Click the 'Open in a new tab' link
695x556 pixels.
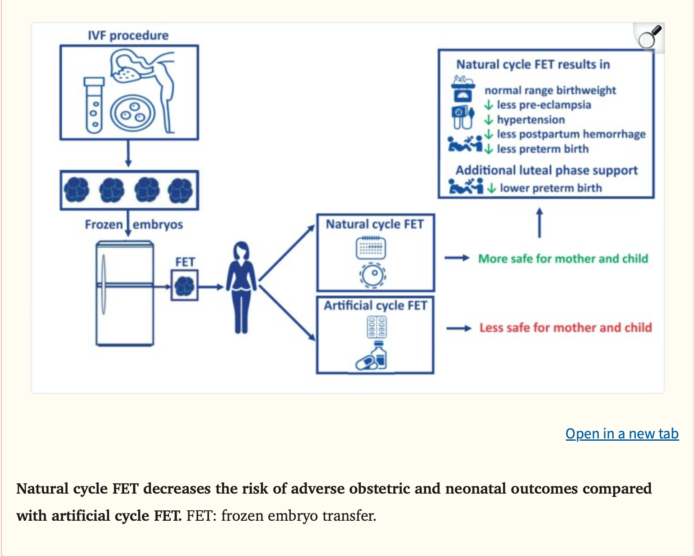[622, 433]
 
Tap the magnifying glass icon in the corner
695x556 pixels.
[649, 38]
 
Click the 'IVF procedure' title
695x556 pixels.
[128, 35]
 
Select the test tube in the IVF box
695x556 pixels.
[94, 105]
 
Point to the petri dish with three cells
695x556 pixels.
[133, 113]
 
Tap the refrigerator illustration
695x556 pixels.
[125, 293]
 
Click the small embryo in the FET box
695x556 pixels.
[185, 286]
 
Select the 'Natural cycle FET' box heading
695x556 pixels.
[375, 224]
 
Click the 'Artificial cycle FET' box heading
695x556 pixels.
[375, 306]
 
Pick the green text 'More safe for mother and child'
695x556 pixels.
[563, 259]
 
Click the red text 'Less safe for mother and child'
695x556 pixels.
[565, 327]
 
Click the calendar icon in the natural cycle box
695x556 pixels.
[371, 247]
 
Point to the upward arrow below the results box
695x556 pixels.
[539, 222]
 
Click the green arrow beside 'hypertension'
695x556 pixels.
[489, 120]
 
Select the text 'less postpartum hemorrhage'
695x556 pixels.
[571, 134]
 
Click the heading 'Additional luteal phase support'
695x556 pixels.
[546, 170]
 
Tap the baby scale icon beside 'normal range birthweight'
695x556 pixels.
[463, 89]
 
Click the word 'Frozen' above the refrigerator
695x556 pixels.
[104, 225]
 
